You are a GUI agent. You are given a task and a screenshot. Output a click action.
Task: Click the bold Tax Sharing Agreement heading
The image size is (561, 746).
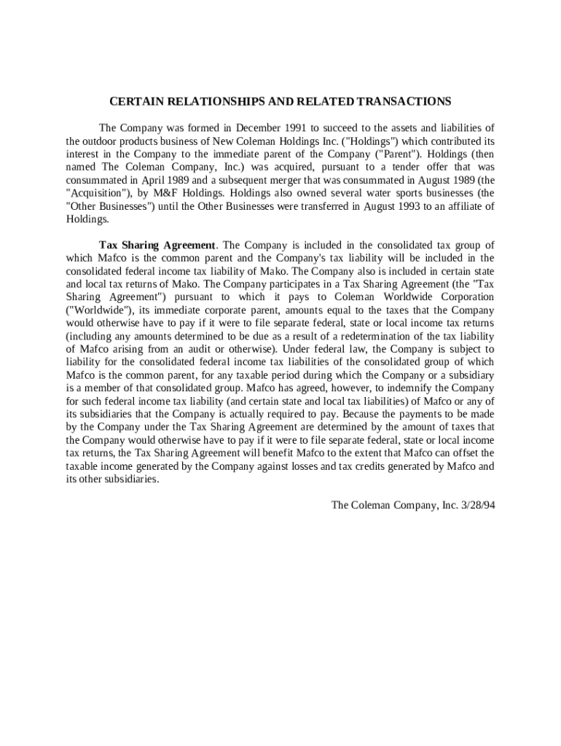[x=157, y=245]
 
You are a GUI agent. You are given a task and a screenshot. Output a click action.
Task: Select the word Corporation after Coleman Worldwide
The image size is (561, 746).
[x=463, y=297]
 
